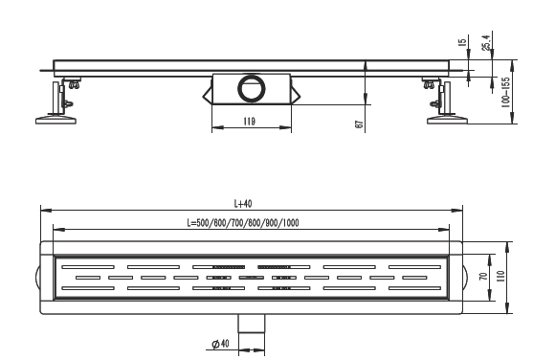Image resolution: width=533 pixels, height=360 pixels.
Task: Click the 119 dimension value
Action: point(249,122)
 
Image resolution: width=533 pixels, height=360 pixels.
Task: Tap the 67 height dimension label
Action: point(359,124)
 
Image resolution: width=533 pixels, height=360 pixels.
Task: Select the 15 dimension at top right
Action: point(462,42)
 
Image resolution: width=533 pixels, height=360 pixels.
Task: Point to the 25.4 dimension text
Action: point(486,42)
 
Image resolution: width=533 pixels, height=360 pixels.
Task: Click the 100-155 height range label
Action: point(506,93)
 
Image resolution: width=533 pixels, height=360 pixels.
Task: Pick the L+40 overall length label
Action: point(243,204)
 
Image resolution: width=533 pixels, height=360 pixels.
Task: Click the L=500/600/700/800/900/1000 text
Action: point(243,223)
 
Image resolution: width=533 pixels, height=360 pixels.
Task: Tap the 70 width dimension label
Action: point(483,276)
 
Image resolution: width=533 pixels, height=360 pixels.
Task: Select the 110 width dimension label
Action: point(500,276)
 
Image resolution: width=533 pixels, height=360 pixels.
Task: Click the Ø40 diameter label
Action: point(220,344)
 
